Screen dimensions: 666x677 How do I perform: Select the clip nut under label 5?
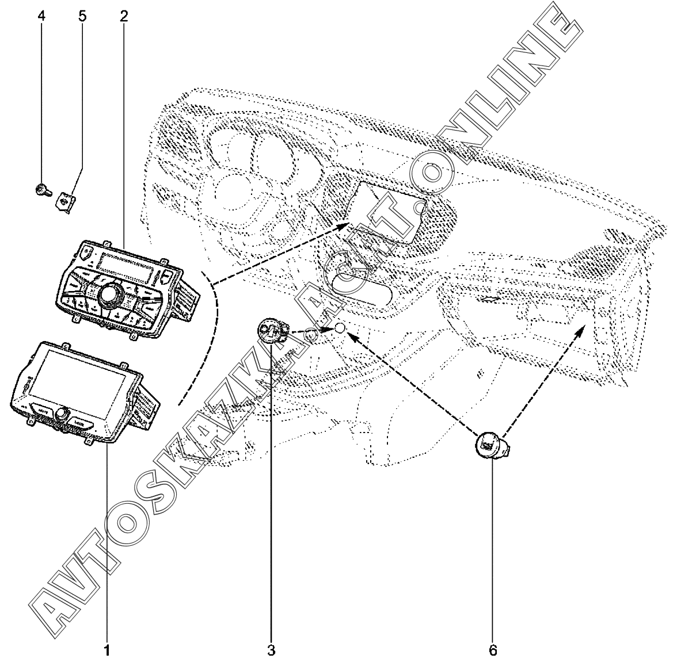click(x=64, y=201)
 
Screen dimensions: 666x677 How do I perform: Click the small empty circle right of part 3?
click(x=340, y=328)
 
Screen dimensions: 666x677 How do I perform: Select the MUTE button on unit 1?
click(x=42, y=411)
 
